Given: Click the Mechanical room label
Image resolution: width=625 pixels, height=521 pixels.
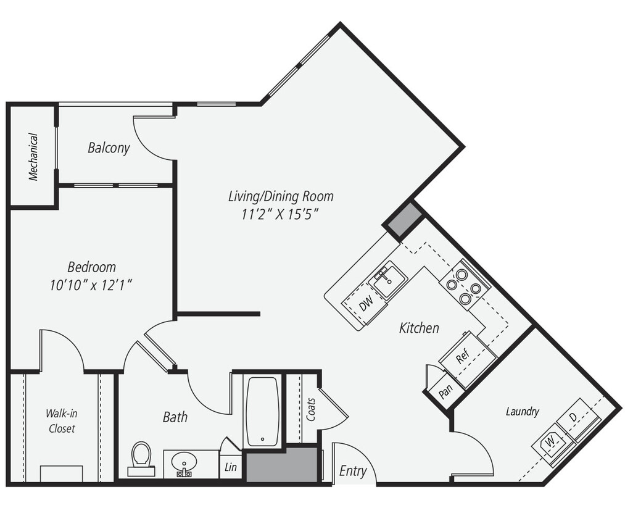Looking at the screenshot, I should [x=33, y=157].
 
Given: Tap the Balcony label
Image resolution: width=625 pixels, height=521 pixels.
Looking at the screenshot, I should [x=109, y=148].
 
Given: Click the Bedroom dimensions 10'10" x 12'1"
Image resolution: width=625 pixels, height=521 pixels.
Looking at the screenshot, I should [x=91, y=285].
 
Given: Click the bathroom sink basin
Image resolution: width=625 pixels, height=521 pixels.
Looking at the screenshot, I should [x=184, y=462].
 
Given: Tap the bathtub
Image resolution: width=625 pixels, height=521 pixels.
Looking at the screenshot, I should [x=262, y=411].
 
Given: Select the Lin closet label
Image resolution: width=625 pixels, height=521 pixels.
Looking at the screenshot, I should [x=231, y=468].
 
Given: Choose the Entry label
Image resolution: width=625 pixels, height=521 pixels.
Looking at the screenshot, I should [x=353, y=472].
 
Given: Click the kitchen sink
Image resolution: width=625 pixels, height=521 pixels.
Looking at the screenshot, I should [x=388, y=281].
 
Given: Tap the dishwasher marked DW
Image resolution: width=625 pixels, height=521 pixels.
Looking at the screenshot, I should [x=365, y=303].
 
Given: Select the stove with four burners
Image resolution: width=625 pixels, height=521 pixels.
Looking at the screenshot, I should [x=465, y=284].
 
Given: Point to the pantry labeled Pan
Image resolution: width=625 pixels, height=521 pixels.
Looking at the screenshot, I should [x=444, y=391].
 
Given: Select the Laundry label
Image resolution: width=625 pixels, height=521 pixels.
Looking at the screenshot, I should [x=523, y=412].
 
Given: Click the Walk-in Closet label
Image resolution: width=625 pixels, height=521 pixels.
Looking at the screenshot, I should [x=62, y=420].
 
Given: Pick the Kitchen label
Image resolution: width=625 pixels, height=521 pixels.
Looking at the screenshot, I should [x=419, y=328].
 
